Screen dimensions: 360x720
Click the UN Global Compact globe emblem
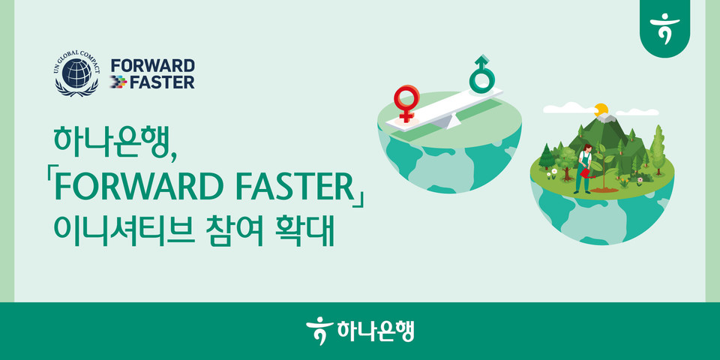click(76, 73)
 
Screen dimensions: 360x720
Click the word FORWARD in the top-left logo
click(152, 65)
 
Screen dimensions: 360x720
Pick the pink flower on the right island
click(639, 180)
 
